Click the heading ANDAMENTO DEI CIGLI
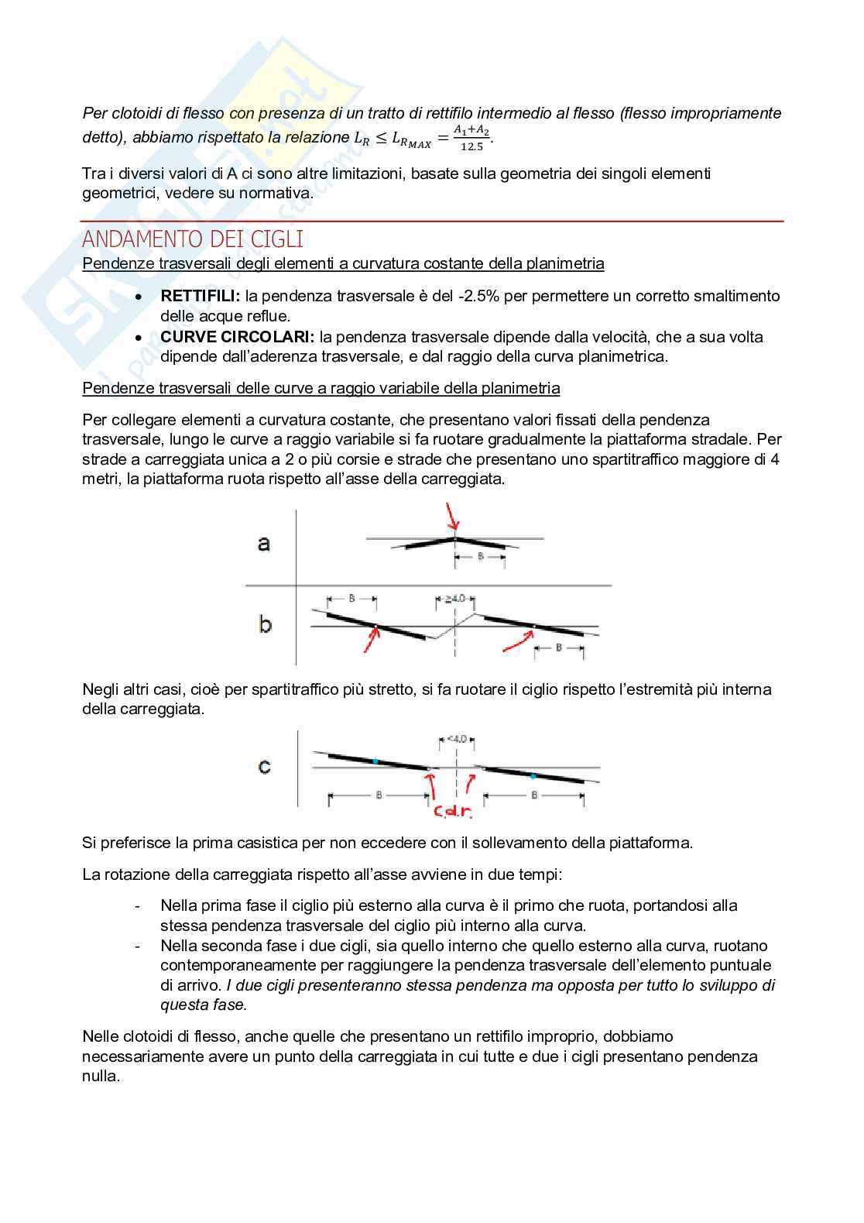click(x=192, y=239)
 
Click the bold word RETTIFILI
click(x=200, y=296)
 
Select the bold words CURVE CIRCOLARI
click(x=237, y=337)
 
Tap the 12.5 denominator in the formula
click(x=471, y=146)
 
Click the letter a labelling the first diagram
click(x=264, y=543)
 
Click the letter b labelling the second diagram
click(x=265, y=624)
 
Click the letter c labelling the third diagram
click(x=265, y=767)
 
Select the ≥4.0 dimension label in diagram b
click(x=455, y=598)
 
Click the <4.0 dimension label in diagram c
click(x=457, y=739)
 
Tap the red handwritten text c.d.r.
click(x=452, y=812)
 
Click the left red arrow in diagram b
click(x=372, y=641)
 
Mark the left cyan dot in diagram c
click(x=375, y=761)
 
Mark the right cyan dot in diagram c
click(x=533, y=775)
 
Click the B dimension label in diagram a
click(x=480, y=556)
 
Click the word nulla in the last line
click(x=101, y=1076)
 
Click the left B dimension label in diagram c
click(x=379, y=795)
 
